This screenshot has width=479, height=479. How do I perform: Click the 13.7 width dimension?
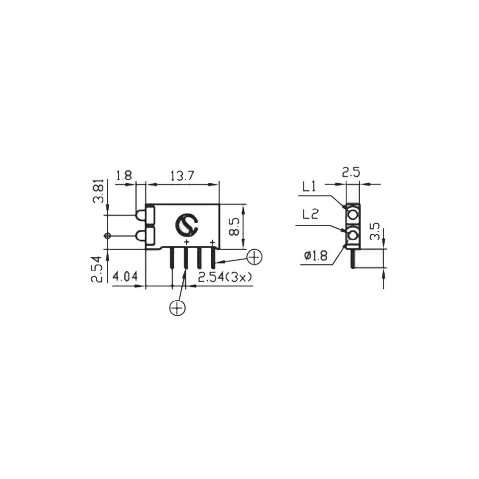point(182,176)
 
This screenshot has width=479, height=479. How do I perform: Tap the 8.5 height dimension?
point(234,226)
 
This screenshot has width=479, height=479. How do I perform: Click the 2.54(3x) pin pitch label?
point(225,277)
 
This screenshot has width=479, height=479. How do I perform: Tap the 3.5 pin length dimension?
point(376,231)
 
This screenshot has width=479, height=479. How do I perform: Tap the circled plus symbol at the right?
point(254,257)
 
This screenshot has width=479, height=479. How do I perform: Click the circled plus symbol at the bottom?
point(177,308)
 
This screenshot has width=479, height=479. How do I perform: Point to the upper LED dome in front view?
point(140,216)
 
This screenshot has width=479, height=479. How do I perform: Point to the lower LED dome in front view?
point(140,235)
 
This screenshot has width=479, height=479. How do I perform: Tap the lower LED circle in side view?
point(354,235)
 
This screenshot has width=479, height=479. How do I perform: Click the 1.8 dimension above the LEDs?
point(124,176)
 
